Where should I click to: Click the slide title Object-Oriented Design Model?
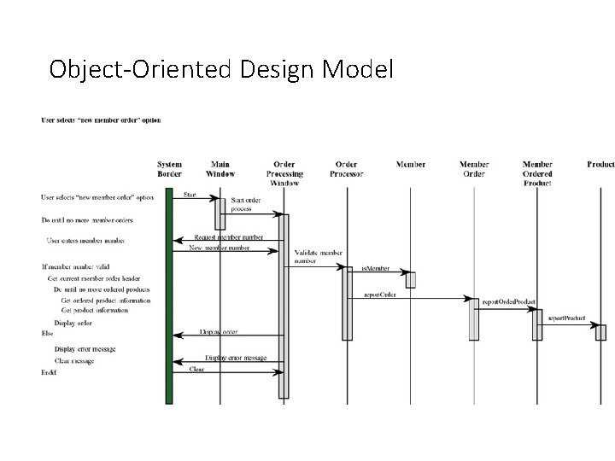(x=221, y=68)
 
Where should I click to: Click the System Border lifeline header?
(x=169, y=169)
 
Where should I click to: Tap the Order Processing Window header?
(x=284, y=173)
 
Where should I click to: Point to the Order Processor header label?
(x=346, y=169)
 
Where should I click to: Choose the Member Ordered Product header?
(x=537, y=173)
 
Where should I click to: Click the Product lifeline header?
(x=600, y=164)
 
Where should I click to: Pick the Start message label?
(x=190, y=195)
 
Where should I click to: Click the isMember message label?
(x=375, y=268)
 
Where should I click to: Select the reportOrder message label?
(x=380, y=294)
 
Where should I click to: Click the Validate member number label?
(x=317, y=257)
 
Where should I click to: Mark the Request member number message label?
(x=229, y=236)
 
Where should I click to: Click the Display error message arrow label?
(x=236, y=358)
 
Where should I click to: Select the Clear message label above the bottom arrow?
(x=196, y=369)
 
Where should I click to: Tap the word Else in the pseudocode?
(x=47, y=333)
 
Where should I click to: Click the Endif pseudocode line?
(x=49, y=372)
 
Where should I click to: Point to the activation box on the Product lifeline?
(x=600, y=332)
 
